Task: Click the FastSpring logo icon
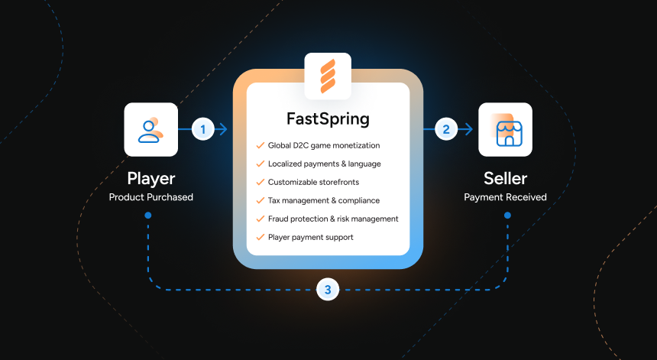point(328,76)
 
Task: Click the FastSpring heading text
point(328,119)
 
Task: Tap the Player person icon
point(150,129)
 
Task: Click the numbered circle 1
point(203,129)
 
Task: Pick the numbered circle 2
point(446,129)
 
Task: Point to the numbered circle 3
point(328,290)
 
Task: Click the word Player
point(150,179)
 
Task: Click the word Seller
point(505,179)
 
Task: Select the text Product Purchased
point(150,197)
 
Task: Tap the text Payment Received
point(505,197)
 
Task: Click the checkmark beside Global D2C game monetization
point(261,145)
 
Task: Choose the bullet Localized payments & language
point(325,164)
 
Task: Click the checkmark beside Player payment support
point(261,237)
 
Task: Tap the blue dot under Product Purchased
point(148,216)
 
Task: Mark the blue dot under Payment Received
point(507,216)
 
